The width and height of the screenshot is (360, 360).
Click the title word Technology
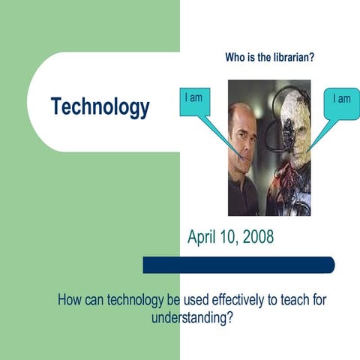tap(100, 107)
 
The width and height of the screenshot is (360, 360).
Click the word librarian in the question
tap(290, 58)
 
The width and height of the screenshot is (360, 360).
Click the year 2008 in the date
tap(257, 238)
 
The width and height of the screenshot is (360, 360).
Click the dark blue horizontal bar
tap(238, 265)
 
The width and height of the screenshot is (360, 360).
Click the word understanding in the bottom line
tap(190, 316)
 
